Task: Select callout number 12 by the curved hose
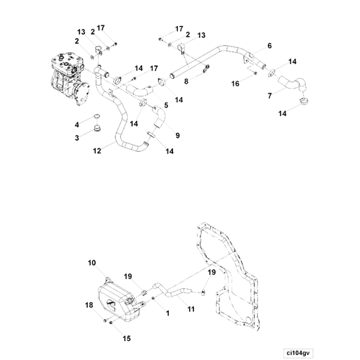[96, 150]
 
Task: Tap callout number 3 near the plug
[77, 137]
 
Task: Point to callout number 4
[77, 124]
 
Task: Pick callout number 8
[186, 82]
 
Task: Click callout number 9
[177, 135]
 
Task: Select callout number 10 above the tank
[91, 263]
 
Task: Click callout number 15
[127, 338]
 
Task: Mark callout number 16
[236, 83]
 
